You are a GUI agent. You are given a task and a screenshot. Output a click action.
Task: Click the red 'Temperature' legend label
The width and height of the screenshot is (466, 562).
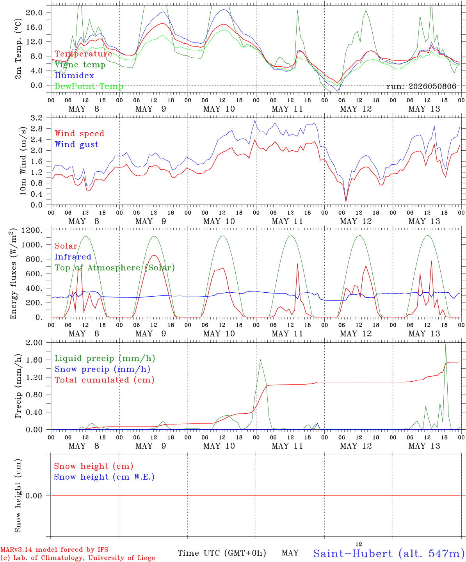[x=84, y=54]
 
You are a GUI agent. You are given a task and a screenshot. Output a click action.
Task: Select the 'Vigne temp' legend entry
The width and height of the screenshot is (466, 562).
[x=80, y=65]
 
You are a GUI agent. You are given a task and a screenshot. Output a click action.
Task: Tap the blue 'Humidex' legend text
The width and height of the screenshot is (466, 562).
[x=74, y=75]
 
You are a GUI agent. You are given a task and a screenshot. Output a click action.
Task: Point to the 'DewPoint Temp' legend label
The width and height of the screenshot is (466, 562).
[x=89, y=86]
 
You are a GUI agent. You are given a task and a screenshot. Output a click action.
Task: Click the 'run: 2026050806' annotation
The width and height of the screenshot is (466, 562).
[x=421, y=86]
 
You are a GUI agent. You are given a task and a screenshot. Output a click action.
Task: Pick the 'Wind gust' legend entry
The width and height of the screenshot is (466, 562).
[x=77, y=144]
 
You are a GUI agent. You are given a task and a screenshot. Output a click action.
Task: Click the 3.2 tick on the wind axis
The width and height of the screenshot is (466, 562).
[x=37, y=118]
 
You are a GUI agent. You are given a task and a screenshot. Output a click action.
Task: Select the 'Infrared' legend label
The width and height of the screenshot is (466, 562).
[x=73, y=257]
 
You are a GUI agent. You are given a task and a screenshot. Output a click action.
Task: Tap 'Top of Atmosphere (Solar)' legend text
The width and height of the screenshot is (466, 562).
[x=115, y=268]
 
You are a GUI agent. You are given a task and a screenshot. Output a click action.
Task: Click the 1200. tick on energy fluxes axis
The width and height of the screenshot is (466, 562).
[x=32, y=230]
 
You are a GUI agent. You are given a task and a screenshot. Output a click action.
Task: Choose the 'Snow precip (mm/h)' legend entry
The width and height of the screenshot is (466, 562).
[x=102, y=369]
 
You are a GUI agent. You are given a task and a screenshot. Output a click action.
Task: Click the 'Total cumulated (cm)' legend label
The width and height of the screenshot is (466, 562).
[x=105, y=380]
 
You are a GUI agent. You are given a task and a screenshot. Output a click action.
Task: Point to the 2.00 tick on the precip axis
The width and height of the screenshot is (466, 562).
[x=34, y=343]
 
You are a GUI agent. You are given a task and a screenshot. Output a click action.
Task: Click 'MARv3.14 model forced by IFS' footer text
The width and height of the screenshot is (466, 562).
[x=54, y=550]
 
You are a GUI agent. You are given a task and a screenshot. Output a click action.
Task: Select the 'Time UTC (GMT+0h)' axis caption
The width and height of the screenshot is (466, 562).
[x=222, y=553]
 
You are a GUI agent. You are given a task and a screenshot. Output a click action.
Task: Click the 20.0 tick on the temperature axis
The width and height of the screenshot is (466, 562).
[x=34, y=12]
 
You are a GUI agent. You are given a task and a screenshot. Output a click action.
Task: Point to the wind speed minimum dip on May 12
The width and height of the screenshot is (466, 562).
[x=346, y=201]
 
